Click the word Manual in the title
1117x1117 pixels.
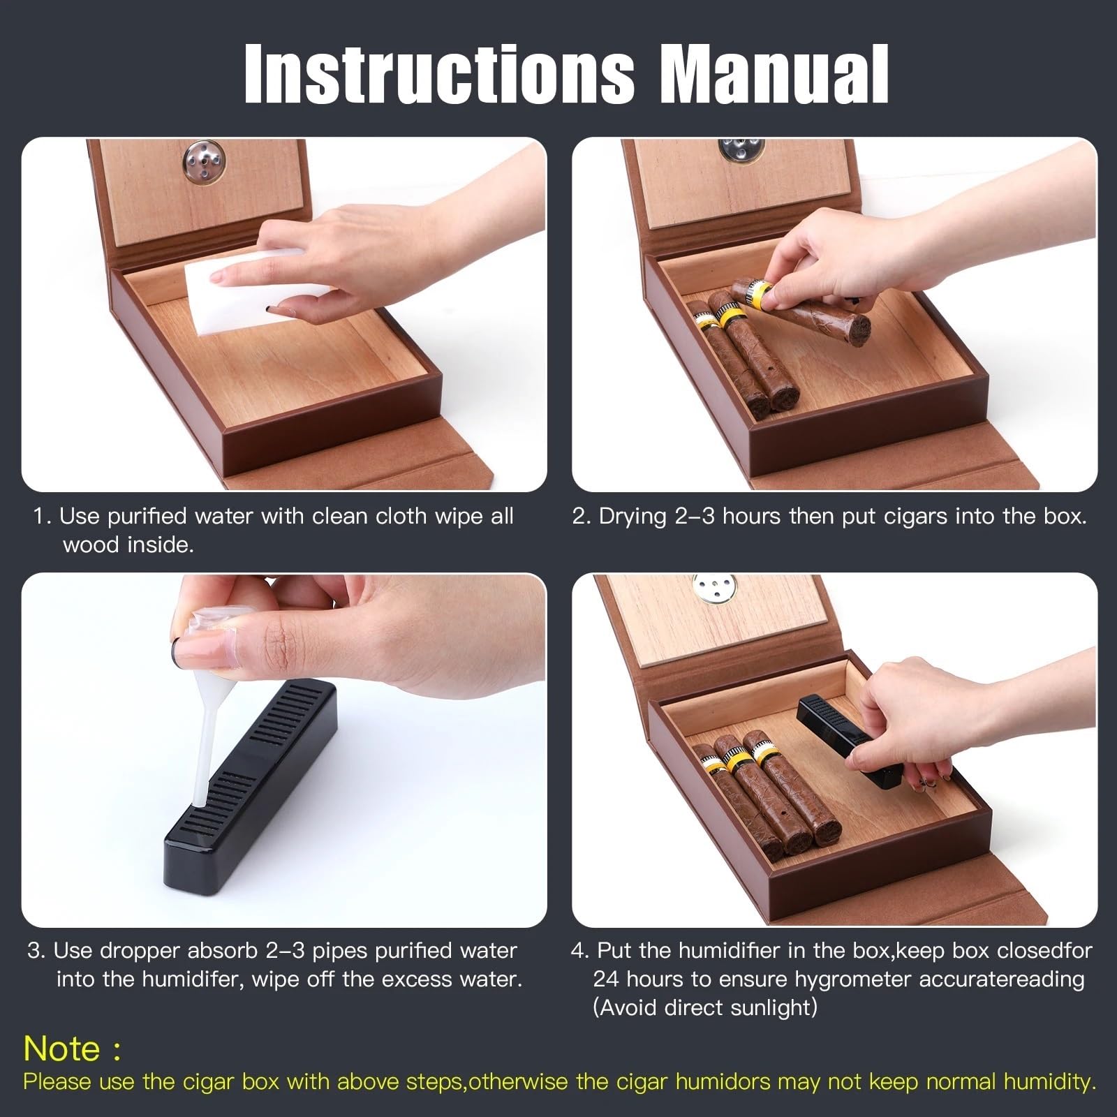pyautogui.click(x=775, y=74)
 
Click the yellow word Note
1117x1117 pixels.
pyautogui.click(x=62, y=1048)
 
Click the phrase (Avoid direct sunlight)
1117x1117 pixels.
pyautogui.click(x=704, y=1008)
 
